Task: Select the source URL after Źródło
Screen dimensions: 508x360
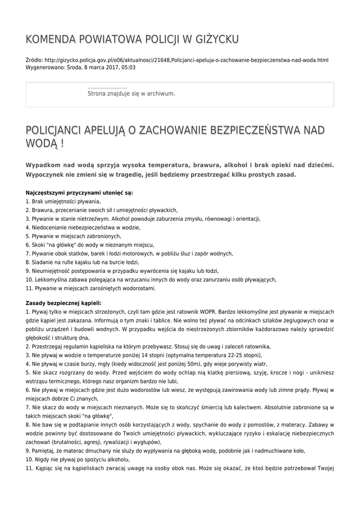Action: click(186, 60)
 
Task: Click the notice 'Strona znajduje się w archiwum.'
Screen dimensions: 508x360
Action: click(131, 93)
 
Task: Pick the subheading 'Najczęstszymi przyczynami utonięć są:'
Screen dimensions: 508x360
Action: click(79, 192)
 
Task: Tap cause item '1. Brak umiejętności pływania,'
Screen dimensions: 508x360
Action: click(63, 201)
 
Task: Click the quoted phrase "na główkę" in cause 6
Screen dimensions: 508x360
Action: click(62, 245)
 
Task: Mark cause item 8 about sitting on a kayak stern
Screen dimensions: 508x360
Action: click(82, 262)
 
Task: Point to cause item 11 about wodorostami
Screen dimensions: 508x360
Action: click(91, 288)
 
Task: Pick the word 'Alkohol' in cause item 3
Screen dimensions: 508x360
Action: click(122, 219)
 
